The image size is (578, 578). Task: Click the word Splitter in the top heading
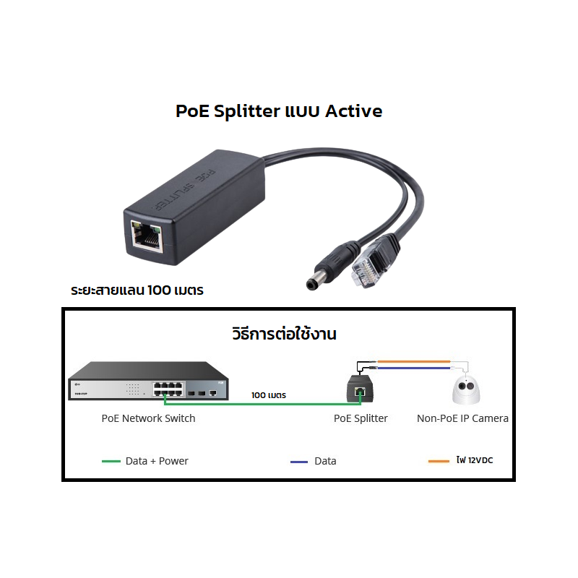[247, 111]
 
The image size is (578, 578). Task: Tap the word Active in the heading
[354, 111]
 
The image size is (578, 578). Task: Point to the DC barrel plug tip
[312, 284]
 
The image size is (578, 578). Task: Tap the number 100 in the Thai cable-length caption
[159, 290]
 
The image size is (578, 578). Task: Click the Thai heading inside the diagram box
[284, 334]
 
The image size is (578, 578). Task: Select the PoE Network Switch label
[148, 418]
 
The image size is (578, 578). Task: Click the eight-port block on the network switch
[168, 389]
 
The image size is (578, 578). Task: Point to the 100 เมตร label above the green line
[269, 395]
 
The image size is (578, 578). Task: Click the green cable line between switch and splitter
[262, 405]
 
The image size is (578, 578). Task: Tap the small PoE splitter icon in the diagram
[360, 389]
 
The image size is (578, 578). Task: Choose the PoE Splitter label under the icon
[361, 418]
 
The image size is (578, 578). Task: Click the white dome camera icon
[466, 390]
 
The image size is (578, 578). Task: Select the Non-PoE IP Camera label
[462, 418]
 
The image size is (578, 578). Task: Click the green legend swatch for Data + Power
[111, 461]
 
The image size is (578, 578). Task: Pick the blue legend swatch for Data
[299, 462]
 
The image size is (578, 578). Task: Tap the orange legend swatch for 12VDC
[439, 461]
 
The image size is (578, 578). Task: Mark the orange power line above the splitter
[414, 362]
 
